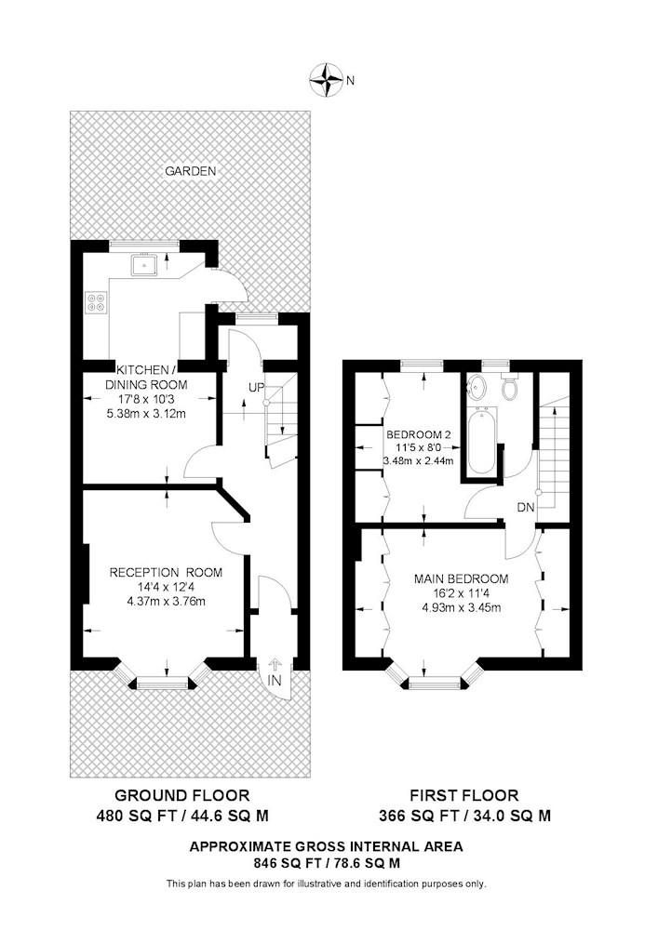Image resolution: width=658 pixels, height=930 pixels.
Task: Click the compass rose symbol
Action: [x=326, y=79]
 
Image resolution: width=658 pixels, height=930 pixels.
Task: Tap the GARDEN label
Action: [x=191, y=171]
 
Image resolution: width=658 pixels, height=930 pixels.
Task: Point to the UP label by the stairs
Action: [x=256, y=388]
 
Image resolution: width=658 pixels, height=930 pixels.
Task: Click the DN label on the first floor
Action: [x=526, y=507]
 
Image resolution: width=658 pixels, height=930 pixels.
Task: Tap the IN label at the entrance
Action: [x=274, y=681]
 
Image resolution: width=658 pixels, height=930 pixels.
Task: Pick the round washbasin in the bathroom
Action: [x=477, y=388]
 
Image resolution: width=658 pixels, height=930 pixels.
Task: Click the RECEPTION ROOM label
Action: [x=167, y=572]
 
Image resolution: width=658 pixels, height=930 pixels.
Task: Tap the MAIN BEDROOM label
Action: [x=461, y=578]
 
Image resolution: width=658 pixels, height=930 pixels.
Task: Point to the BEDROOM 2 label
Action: [x=418, y=434]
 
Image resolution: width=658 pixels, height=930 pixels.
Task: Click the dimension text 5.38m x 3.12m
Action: [x=146, y=414]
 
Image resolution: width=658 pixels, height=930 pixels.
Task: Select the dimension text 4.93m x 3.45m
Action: [x=461, y=607]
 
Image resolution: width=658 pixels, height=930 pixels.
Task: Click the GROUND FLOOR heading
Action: [x=182, y=795]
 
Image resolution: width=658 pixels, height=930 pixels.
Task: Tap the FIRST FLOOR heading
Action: [x=464, y=795]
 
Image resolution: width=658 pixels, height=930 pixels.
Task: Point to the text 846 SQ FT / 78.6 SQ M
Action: [x=327, y=863]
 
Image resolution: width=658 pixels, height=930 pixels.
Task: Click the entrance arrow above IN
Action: [x=275, y=664]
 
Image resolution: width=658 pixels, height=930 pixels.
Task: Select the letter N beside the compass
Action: [x=350, y=80]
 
